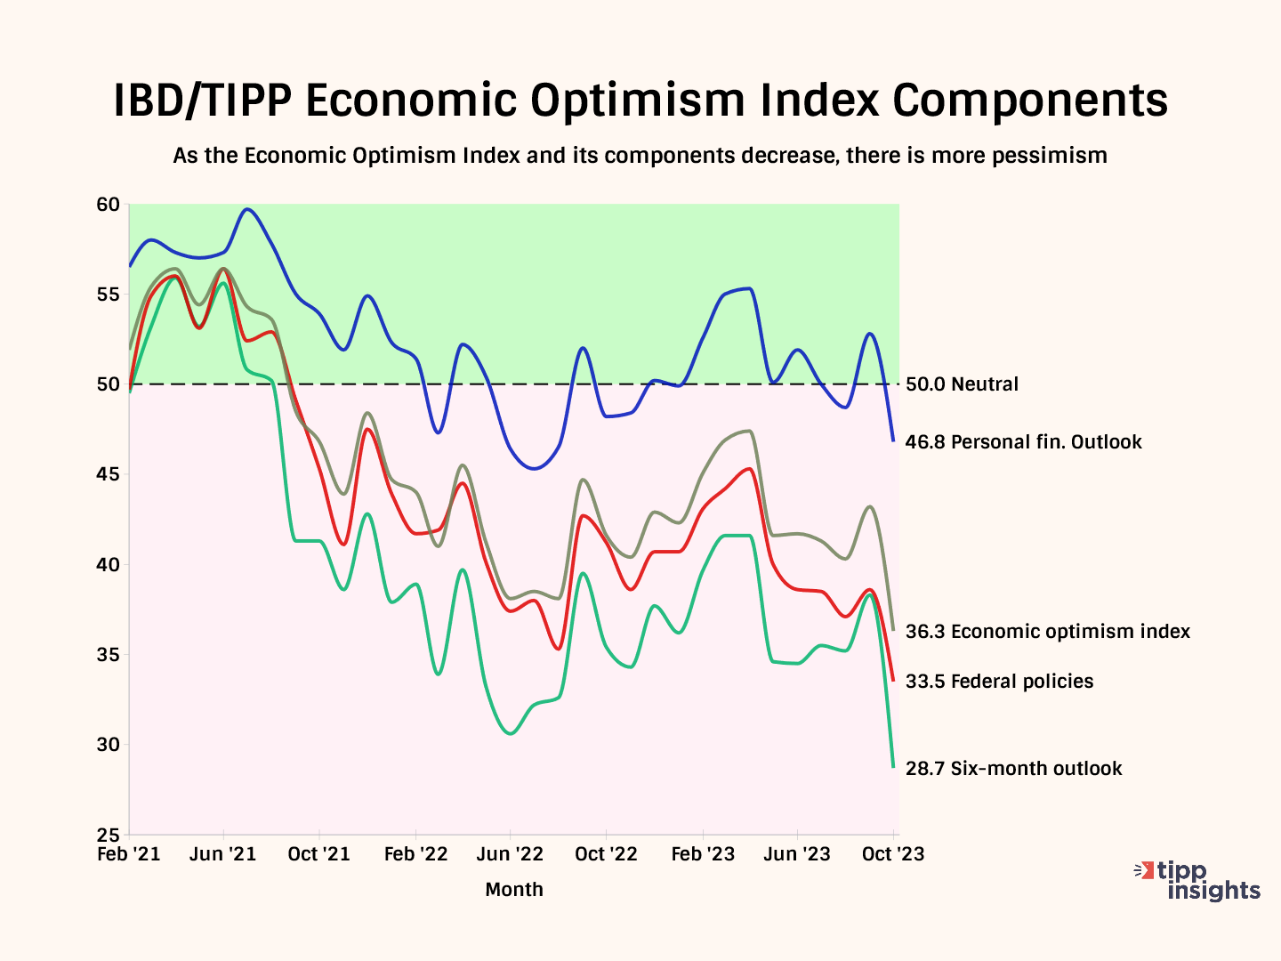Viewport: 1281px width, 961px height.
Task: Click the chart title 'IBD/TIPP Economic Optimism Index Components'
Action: (x=640, y=100)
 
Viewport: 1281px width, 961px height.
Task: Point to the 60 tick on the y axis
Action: (x=108, y=205)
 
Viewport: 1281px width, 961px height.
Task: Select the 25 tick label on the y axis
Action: (x=108, y=835)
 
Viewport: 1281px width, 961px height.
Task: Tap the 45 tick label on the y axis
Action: (x=108, y=474)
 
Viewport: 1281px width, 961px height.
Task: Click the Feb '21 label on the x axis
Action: (x=129, y=854)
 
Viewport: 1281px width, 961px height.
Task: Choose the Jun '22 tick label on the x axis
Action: (x=510, y=854)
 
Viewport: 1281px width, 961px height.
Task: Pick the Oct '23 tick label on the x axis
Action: (x=893, y=854)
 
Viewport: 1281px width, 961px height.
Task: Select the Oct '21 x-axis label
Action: (x=319, y=854)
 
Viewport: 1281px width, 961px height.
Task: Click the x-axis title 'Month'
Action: (x=514, y=890)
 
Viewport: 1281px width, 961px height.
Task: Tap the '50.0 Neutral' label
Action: (x=962, y=384)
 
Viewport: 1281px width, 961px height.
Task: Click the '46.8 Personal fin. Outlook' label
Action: (x=1023, y=442)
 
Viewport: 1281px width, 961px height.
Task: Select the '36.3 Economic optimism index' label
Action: (x=1047, y=632)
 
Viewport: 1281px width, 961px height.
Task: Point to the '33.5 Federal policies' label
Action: (x=999, y=682)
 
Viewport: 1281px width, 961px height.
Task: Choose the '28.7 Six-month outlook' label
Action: (x=1013, y=769)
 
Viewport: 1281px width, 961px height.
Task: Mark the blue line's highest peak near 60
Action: (x=247, y=209)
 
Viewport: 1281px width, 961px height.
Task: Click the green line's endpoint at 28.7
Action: (x=893, y=767)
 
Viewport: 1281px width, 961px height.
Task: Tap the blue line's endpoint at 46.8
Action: (x=893, y=440)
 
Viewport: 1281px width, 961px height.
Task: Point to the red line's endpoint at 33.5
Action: (x=893, y=681)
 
